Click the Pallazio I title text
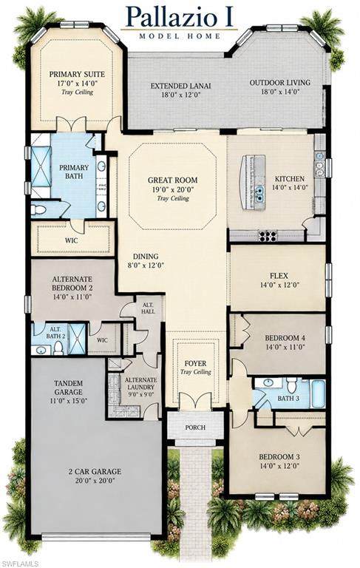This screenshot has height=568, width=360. coord(180,16)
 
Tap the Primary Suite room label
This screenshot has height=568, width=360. coord(77,74)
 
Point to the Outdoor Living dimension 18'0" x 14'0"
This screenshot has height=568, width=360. coord(280,92)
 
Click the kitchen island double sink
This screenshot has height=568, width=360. coord(259,192)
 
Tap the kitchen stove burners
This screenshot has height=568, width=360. coord(268,235)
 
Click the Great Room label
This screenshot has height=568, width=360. coord(173,180)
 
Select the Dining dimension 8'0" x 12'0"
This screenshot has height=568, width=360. coord(145,266)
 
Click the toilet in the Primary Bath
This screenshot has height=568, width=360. coord(38,209)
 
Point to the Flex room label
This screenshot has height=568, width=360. coord(279,276)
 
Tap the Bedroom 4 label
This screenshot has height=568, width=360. coord(285,338)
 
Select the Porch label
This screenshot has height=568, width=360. coord(195,427)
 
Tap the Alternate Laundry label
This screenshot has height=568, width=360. coord(141,384)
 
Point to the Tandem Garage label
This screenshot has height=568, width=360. coord(68,388)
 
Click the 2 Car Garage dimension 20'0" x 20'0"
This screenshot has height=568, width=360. coord(95,481)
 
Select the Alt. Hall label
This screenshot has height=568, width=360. coord(149,308)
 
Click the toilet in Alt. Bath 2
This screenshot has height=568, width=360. coord(58,348)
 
